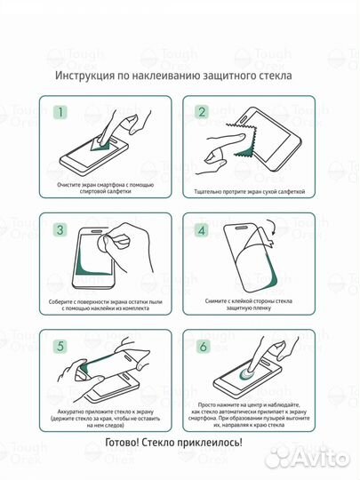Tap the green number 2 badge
(202, 113)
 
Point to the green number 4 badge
(202, 230)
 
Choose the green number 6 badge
(202, 347)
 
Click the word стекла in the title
(278, 76)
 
